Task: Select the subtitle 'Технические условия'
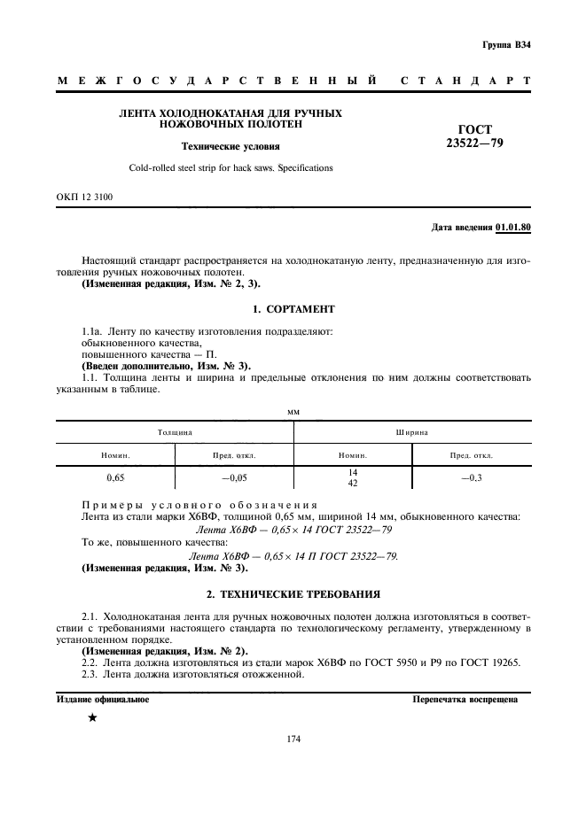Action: (x=230, y=146)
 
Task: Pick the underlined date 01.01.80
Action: (x=513, y=229)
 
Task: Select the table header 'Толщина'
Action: (x=176, y=432)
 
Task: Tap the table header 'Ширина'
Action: (x=412, y=432)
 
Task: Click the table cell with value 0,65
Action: (x=115, y=477)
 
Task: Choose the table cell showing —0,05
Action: (x=234, y=477)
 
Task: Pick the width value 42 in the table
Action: (x=352, y=483)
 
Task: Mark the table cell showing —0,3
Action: (x=472, y=477)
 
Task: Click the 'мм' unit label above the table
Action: (x=293, y=411)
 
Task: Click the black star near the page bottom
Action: (x=92, y=717)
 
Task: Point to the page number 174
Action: (x=293, y=741)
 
